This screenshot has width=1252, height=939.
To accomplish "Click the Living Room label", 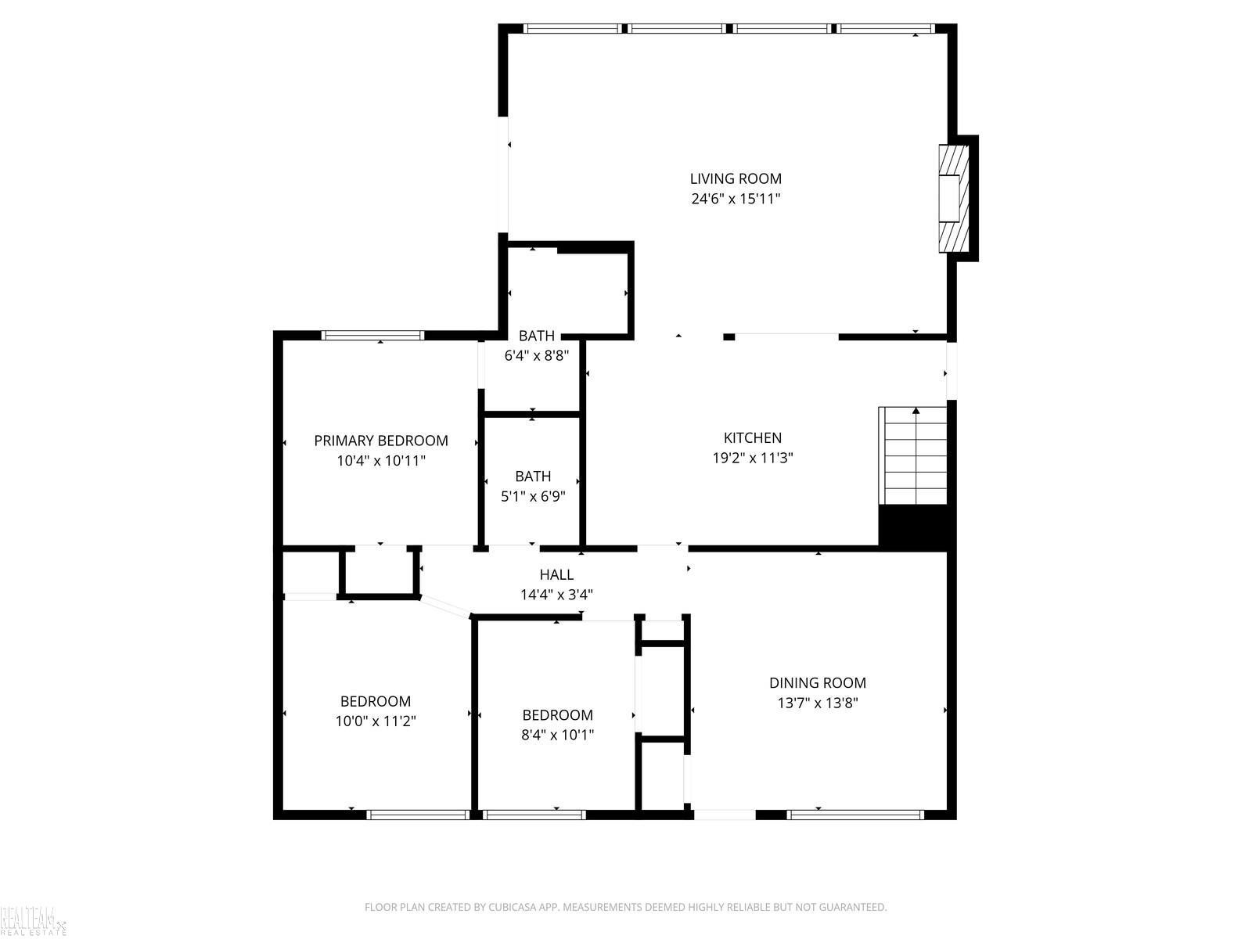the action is pos(736,178).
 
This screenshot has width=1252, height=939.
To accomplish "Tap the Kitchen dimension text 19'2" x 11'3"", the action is pos(752,458).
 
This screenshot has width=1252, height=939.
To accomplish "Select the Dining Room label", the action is pos(818,682).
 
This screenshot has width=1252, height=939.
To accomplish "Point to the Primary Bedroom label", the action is pos(381,440).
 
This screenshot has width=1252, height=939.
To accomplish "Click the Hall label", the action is pos(556,574).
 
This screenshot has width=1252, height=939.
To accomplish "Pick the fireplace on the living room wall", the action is pos(954,199).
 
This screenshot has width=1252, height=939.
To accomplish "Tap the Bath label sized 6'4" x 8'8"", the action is pos(536,336).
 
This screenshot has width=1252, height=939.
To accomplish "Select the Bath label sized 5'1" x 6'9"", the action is pos(533,476).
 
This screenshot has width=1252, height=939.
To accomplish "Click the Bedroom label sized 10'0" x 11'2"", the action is pos(376,700).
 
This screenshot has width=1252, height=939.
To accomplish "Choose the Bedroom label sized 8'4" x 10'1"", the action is pos(557,714).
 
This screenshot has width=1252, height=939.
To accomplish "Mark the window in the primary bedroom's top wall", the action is pos(372,335).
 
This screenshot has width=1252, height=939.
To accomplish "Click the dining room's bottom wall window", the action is pos(854,815).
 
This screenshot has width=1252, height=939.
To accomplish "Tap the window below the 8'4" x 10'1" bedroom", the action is pos(534,815).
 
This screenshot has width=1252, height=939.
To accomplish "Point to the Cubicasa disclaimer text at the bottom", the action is pos(626,906).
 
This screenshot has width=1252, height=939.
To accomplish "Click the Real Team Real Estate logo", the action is pos(33,921).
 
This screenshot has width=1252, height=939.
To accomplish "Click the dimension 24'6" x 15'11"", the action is pos(736,199).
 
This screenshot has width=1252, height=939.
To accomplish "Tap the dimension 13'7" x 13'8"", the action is pos(818,703).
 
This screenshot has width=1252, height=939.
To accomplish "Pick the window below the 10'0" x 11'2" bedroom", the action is pos(418,815).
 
